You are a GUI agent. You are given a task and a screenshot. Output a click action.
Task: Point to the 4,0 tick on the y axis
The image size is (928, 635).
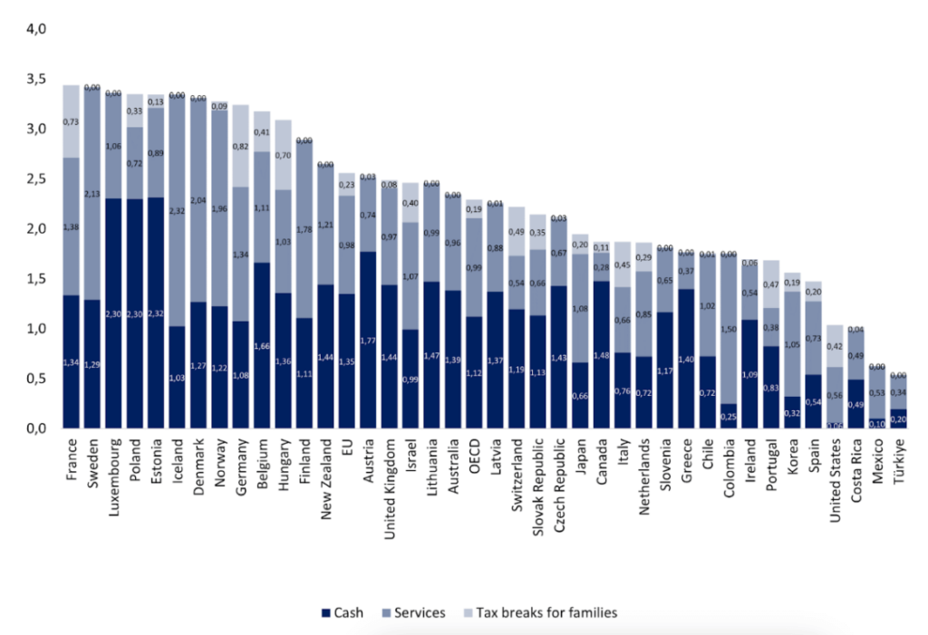coord(36,29)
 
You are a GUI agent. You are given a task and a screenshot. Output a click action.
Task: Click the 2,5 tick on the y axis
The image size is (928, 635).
coord(36,178)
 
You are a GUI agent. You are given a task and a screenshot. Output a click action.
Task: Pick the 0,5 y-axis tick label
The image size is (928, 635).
coord(36,379)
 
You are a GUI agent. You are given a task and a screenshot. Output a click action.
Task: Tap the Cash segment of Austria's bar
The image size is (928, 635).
coord(369,340)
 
